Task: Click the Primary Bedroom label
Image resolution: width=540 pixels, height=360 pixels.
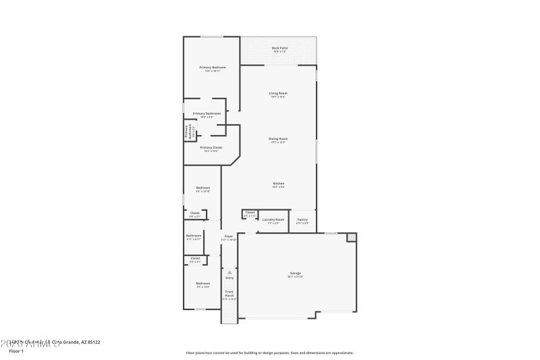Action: (212, 68)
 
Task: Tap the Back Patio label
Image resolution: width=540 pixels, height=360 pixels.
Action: (279, 48)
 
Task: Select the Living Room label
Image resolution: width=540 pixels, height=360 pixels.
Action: (278, 93)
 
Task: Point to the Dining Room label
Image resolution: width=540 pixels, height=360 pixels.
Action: (278, 138)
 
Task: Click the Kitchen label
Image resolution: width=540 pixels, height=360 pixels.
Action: (278, 183)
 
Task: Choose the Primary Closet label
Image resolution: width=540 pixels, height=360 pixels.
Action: (211, 147)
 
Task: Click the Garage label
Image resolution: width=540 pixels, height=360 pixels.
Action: (296, 273)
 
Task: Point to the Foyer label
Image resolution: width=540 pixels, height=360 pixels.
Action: (229, 236)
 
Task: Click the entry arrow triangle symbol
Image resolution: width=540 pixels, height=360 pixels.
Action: (229, 272)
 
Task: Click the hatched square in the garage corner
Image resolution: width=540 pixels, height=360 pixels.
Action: (351, 237)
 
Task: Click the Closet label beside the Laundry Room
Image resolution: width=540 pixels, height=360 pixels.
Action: (250, 213)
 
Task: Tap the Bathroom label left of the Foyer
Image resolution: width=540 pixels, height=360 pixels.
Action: (194, 236)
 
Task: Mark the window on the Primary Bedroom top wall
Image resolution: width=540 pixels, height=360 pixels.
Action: (211, 36)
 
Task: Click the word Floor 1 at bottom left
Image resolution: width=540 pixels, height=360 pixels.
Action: (16, 351)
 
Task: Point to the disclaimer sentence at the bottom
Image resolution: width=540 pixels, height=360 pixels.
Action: (269, 353)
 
